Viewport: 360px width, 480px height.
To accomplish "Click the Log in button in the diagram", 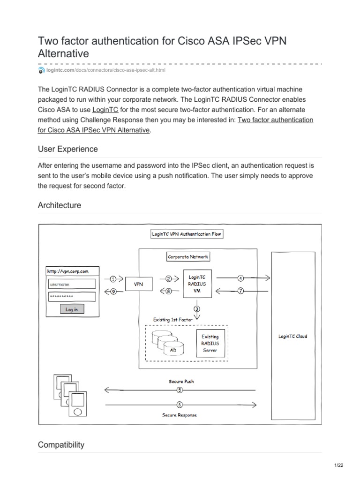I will pos(72,309).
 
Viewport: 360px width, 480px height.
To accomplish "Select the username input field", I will pos(72,284).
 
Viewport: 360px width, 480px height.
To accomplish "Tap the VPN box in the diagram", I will pos(139,284).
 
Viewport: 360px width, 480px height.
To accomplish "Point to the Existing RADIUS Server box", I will pos(210,343).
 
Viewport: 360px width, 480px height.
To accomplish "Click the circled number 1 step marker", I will pos(113,278).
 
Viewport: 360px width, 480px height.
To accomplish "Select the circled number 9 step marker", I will pos(113,291).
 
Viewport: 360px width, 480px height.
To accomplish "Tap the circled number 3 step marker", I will pos(197,308).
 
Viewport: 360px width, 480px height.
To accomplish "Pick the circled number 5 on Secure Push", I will pos(180,390).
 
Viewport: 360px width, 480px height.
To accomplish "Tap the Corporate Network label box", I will pos(188,257).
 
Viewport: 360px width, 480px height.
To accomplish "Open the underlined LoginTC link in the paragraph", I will pos(105,109).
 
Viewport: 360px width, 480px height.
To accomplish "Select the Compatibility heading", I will pos(61,445).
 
